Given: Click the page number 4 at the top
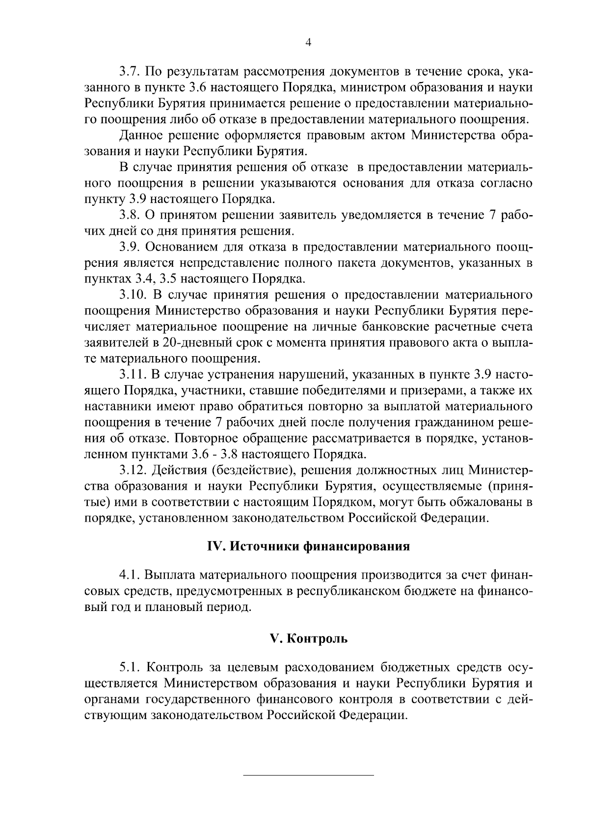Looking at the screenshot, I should click(x=308, y=42).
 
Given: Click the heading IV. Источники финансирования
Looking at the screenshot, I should click(x=307, y=547).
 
